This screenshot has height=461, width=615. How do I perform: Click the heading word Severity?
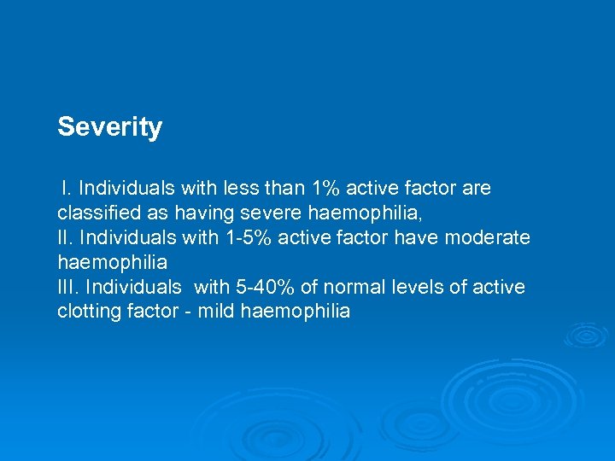109,127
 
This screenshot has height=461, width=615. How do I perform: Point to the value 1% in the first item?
325,188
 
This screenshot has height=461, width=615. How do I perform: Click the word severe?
277,213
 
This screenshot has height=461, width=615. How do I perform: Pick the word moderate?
492,236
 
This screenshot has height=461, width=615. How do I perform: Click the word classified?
95,213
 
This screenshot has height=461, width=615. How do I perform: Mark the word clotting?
86,312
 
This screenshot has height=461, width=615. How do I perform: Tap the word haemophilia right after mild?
296,312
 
